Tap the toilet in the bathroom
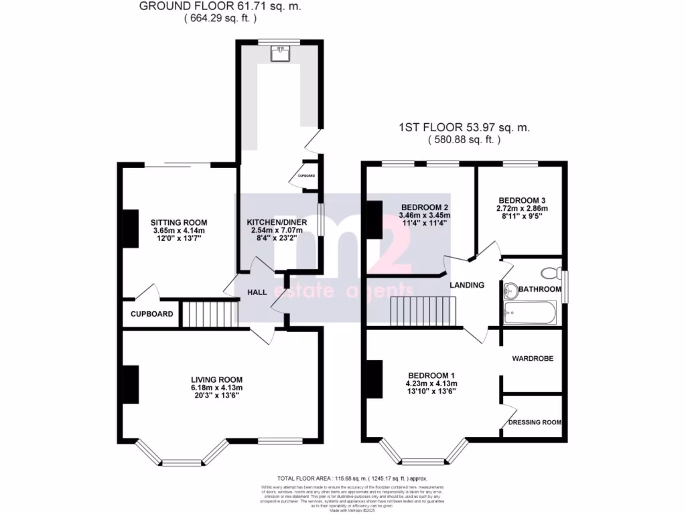point(551,272)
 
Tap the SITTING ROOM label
point(178,223)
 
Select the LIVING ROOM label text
point(216,379)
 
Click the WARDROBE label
point(533,359)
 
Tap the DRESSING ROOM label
point(534,422)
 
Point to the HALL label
point(258,292)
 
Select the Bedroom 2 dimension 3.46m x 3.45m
point(424,216)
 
